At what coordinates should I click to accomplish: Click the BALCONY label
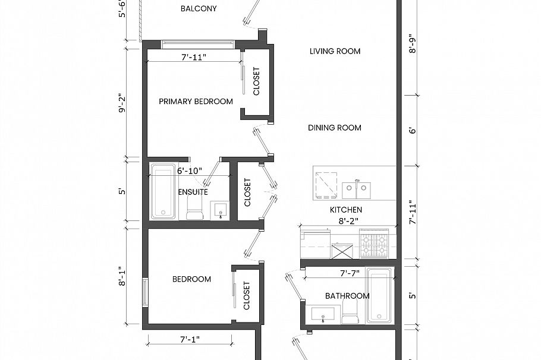click(x=199, y=9)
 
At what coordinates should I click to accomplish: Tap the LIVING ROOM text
click(x=335, y=51)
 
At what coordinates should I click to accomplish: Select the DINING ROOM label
click(x=335, y=128)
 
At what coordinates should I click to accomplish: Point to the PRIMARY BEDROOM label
click(x=196, y=102)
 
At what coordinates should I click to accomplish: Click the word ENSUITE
click(x=193, y=192)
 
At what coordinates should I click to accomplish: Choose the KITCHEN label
click(x=346, y=210)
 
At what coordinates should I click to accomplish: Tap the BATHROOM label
click(x=347, y=296)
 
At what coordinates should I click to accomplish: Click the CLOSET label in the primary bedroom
click(x=257, y=81)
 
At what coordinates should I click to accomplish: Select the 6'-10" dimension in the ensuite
click(x=190, y=170)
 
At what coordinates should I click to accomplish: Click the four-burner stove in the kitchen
click(x=373, y=245)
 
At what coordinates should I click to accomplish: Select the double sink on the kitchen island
click(x=356, y=189)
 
